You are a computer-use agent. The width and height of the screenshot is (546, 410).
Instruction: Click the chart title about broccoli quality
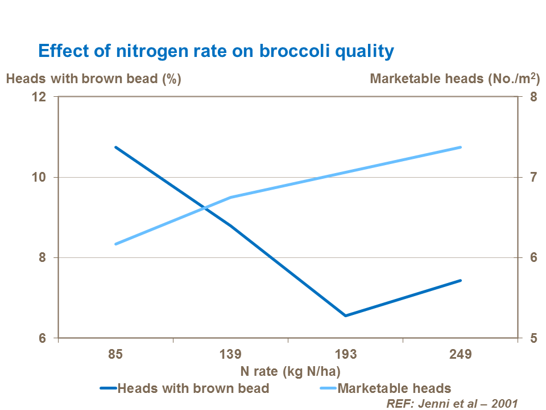pyautogui.click(x=216, y=51)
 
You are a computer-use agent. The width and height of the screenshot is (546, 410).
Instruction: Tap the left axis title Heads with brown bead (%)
pyautogui.click(x=93, y=79)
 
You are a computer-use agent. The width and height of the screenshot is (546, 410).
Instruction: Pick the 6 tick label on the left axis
pyautogui.click(x=42, y=338)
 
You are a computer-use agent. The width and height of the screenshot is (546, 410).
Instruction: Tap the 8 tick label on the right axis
pyautogui.click(x=533, y=97)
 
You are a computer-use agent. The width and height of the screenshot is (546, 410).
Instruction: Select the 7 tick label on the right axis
pyautogui.click(x=533, y=177)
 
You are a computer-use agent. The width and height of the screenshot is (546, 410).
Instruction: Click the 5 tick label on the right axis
pyautogui.click(x=533, y=338)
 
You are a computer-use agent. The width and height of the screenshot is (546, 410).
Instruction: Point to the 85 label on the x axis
pyautogui.click(x=115, y=355)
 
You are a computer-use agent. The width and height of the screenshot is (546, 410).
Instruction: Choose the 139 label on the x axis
pyautogui.click(x=230, y=355)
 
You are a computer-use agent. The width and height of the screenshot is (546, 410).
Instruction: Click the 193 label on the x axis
pyautogui.click(x=345, y=355)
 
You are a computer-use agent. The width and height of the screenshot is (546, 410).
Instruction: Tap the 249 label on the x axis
pyautogui.click(x=460, y=355)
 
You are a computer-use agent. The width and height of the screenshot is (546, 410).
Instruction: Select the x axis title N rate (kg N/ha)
pyautogui.click(x=290, y=371)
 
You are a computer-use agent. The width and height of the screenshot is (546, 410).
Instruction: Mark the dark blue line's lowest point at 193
pyautogui.click(x=345, y=315)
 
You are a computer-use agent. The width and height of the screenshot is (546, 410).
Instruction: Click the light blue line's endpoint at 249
pyautogui.click(x=460, y=147)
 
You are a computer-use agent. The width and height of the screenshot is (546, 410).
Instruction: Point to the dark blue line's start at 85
pyautogui.click(x=115, y=147)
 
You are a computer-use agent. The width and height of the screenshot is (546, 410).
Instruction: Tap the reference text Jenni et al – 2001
pyautogui.click(x=452, y=403)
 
